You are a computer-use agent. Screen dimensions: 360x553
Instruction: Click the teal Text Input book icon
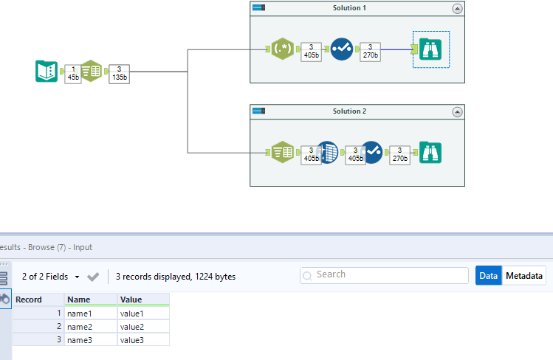[47, 72]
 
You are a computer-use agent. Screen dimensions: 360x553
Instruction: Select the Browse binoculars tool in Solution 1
[430, 49]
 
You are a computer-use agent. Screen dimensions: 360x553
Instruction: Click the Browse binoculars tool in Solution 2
[430, 153]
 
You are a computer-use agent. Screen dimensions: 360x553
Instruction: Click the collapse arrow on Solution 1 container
[457, 8]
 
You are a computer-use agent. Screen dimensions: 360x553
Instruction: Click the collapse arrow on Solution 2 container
[457, 111]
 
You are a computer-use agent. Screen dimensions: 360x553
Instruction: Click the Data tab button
[488, 276]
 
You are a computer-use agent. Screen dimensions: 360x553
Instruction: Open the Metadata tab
[524, 276]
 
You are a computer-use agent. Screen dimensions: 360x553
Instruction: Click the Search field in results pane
[384, 275]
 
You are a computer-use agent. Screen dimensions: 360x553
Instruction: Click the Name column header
[91, 300]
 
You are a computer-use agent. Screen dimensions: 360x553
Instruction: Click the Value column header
[143, 300]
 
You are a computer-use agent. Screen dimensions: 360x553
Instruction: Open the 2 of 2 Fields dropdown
[51, 277]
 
